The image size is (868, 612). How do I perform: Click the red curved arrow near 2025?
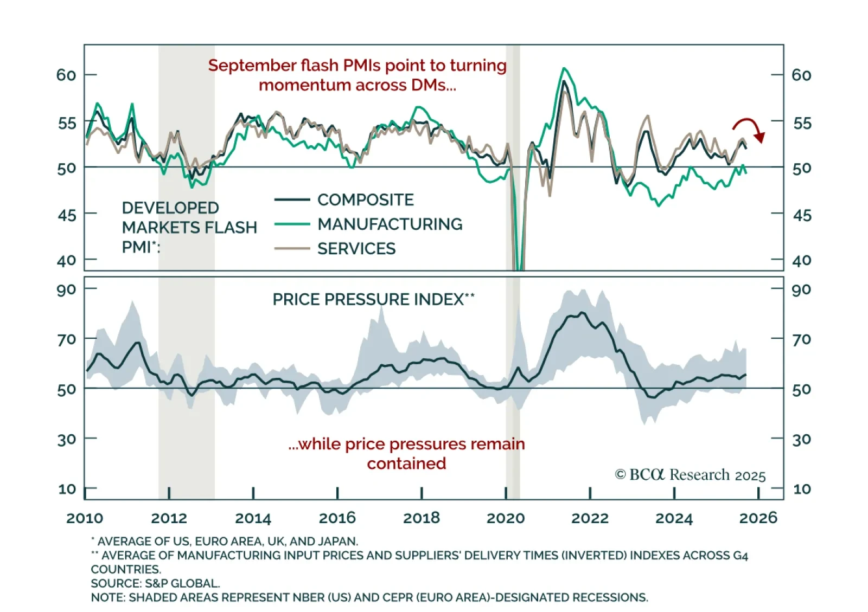[x=749, y=128]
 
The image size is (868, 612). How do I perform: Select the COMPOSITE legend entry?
[x=365, y=200]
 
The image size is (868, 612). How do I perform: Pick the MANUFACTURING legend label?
[x=390, y=224]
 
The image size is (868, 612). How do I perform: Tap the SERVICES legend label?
[x=356, y=248]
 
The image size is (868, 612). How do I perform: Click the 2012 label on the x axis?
[x=169, y=518]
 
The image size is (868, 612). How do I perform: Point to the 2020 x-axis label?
[x=506, y=518]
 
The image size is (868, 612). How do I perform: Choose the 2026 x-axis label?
[x=758, y=518]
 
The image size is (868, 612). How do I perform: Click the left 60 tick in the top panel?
[x=66, y=75]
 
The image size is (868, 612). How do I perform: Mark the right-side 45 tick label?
[x=802, y=215]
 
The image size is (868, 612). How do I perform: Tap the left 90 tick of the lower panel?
[x=66, y=289]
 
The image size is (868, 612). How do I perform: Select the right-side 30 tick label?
[x=802, y=439]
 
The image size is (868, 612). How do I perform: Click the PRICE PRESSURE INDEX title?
[x=373, y=299]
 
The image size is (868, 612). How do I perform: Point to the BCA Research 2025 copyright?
[x=690, y=475]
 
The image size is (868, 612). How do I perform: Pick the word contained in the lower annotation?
[x=406, y=463]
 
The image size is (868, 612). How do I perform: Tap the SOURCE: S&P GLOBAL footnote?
[x=155, y=583]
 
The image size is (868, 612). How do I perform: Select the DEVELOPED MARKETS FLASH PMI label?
[x=189, y=227]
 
